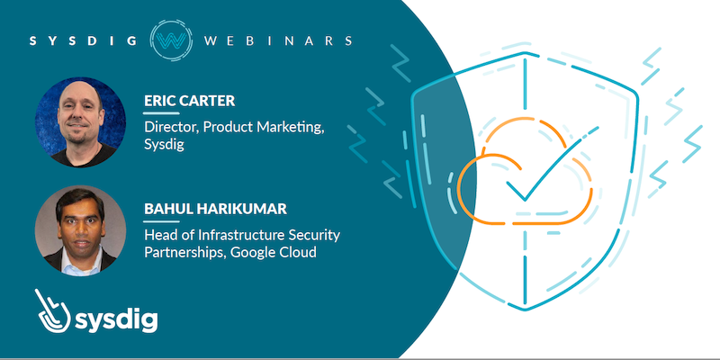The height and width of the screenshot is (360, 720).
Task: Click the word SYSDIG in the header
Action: click(83, 40)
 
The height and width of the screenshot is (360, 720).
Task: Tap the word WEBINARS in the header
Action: click(278, 40)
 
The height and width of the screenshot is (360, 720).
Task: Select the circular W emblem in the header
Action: click(171, 40)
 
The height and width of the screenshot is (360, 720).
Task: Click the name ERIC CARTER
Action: click(190, 101)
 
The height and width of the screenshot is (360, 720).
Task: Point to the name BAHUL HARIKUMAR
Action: click(215, 209)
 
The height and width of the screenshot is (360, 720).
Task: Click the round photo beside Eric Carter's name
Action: click(80, 121)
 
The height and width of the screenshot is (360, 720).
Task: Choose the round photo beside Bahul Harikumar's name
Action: click(80, 230)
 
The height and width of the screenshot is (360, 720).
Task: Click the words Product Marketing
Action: click(264, 128)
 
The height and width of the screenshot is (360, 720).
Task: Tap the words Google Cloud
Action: click(274, 252)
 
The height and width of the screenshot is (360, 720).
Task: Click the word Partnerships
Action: click(185, 253)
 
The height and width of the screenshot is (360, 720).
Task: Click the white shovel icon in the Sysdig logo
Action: click(52, 310)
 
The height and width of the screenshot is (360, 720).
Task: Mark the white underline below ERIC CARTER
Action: click(162, 113)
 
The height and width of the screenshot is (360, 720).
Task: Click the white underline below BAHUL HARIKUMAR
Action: click(162, 221)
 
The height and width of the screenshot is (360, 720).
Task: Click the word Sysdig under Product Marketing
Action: click(165, 146)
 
